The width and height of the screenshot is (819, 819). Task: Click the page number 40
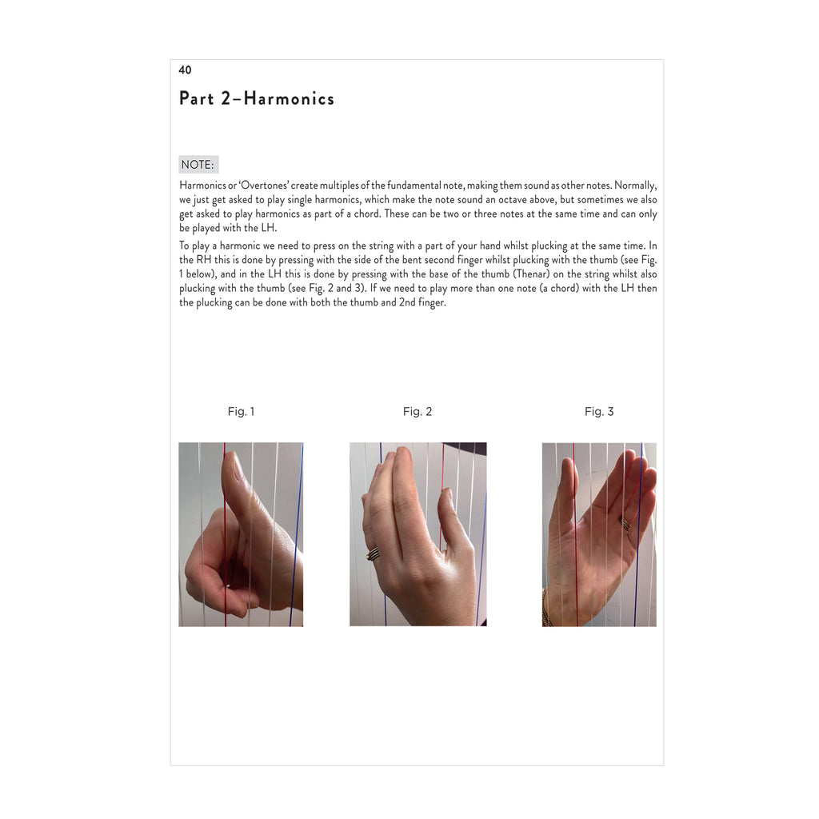pyautogui.click(x=185, y=70)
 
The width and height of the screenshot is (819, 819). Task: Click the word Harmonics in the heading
pyautogui.click(x=289, y=98)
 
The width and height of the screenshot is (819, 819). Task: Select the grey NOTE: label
pyautogui.click(x=198, y=165)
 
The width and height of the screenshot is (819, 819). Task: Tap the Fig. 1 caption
pyautogui.click(x=241, y=412)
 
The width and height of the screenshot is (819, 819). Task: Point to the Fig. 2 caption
pyautogui.click(x=417, y=412)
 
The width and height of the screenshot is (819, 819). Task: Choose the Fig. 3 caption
pyautogui.click(x=599, y=412)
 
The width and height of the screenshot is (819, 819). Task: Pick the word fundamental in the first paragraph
pyautogui.click(x=414, y=186)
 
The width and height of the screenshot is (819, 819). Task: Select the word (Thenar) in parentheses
pyautogui.click(x=531, y=274)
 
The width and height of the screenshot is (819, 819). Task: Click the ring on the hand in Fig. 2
pyautogui.click(x=373, y=553)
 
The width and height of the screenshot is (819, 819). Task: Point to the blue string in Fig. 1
pyautogui.click(x=297, y=534)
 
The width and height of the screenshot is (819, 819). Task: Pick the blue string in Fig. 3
pyautogui.click(x=638, y=534)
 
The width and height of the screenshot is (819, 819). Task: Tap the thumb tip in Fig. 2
pyautogui.click(x=445, y=493)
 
